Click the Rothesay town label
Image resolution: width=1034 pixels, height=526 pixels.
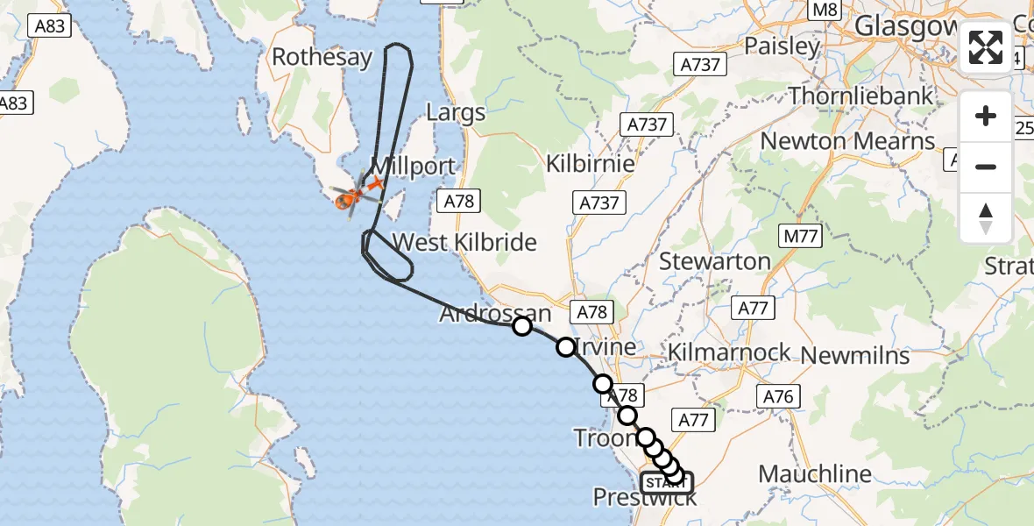click(x=322, y=58)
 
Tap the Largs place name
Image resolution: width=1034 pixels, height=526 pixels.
click(x=455, y=112)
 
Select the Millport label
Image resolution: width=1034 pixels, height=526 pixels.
click(x=413, y=167)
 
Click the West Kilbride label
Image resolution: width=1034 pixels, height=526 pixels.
click(x=464, y=242)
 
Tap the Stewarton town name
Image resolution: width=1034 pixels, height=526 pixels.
click(x=714, y=261)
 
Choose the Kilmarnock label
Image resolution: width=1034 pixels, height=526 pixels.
click(x=728, y=354)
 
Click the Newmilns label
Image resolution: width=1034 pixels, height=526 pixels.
click(x=854, y=355)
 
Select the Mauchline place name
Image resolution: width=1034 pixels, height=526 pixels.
click(x=815, y=474)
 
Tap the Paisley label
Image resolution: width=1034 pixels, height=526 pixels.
click(x=782, y=46)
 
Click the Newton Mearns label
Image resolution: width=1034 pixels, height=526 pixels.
click(x=847, y=141)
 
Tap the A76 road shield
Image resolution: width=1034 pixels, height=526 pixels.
click(x=778, y=397)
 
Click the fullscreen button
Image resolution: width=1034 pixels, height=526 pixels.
click(x=986, y=47)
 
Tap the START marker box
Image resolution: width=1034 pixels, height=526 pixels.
click(x=666, y=483)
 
